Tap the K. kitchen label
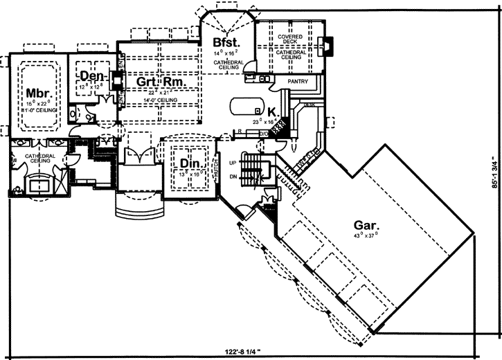coord(272,111)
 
